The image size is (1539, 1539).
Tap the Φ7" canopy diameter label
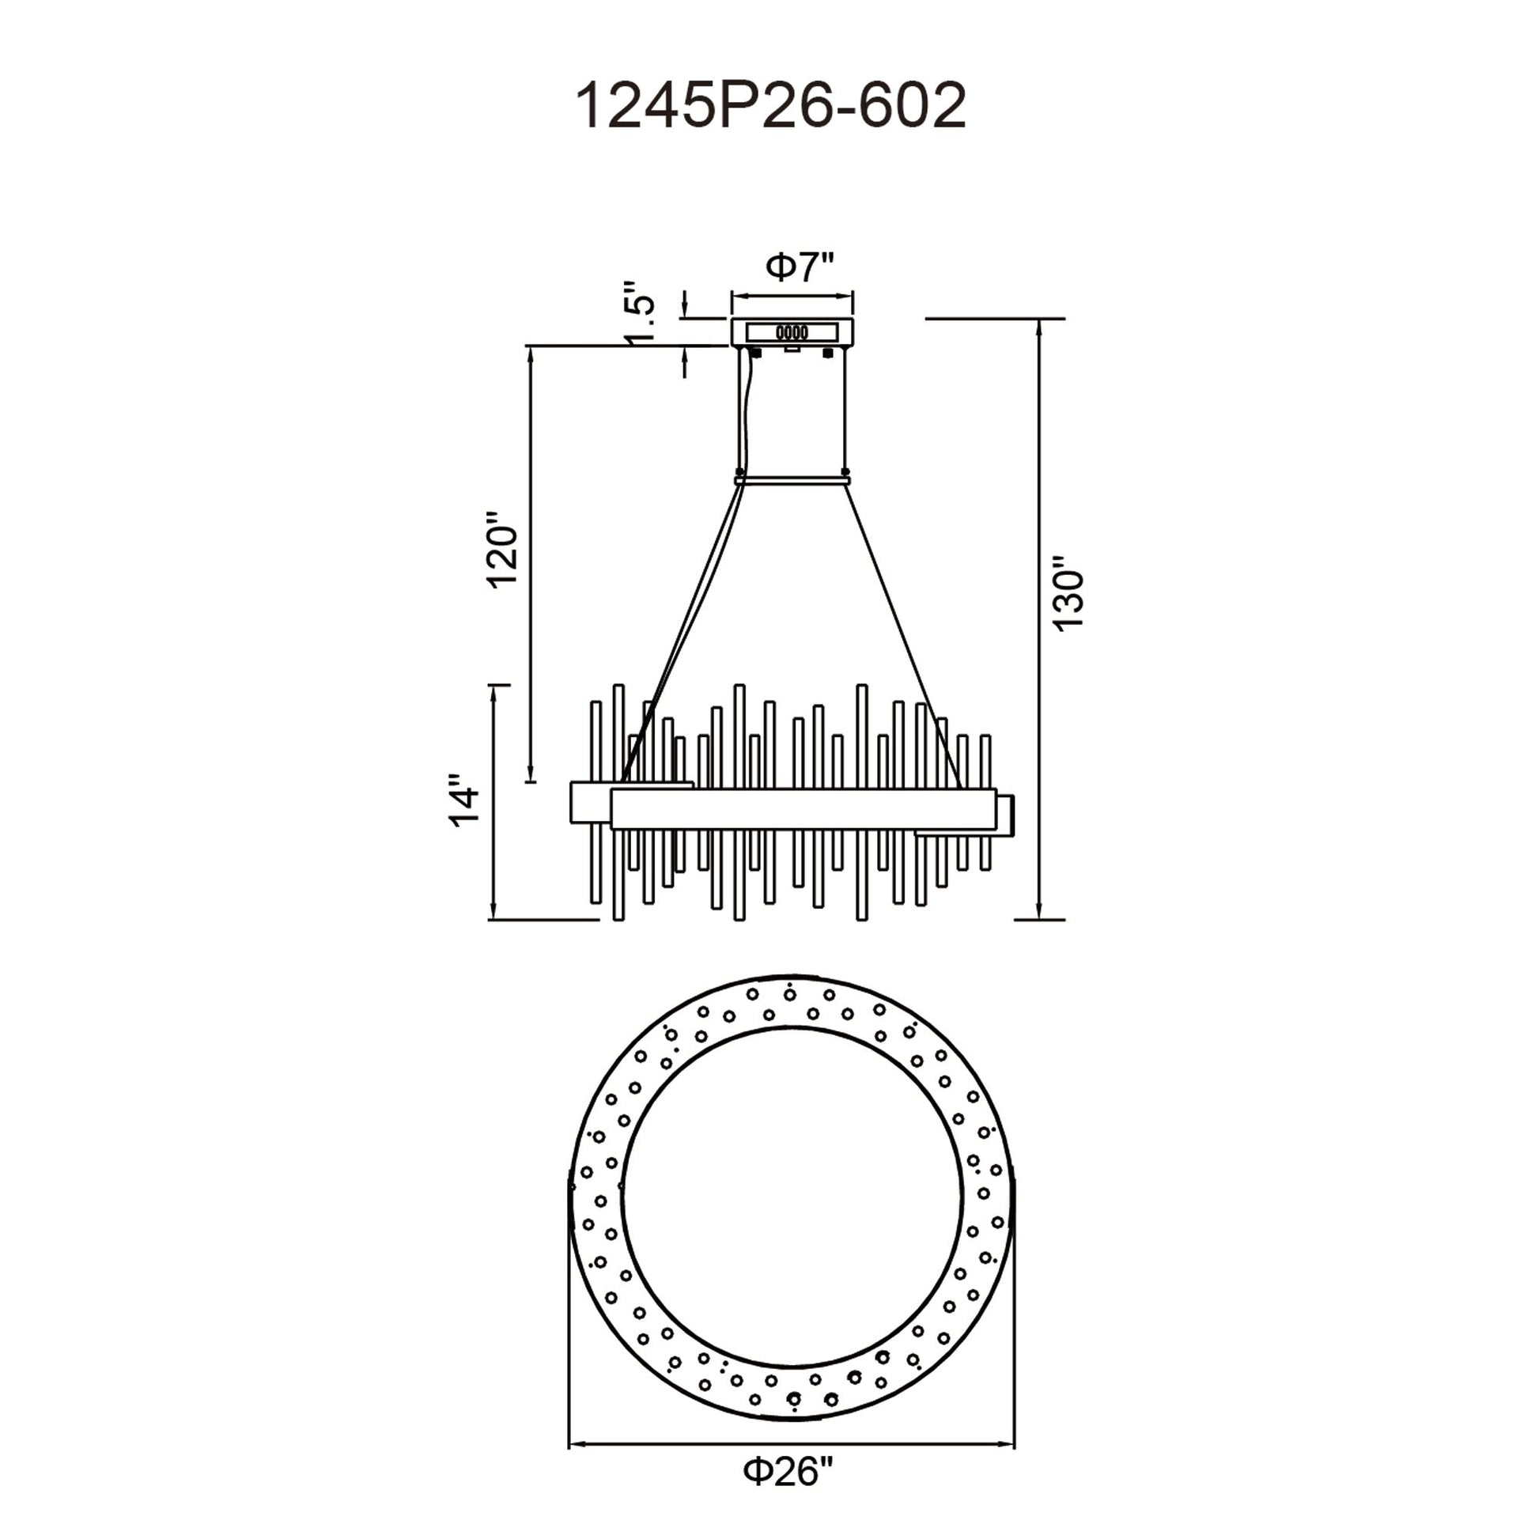(800, 267)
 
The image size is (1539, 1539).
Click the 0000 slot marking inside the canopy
(792, 332)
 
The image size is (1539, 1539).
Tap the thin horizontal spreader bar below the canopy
(792, 479)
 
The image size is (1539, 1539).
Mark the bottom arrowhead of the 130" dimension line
(1038, 913)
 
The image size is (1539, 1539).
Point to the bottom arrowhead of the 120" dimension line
(531, 777)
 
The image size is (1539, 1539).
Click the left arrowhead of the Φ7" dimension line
(738, 298)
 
